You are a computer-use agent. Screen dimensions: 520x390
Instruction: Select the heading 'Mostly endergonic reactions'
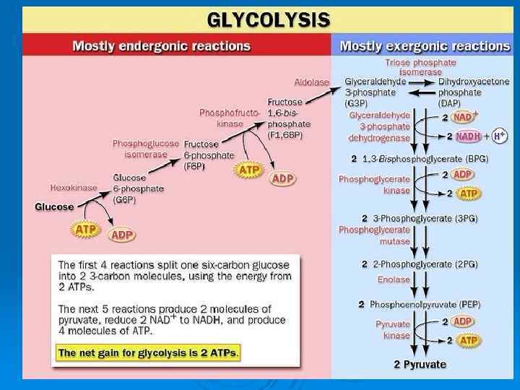click(162, 45)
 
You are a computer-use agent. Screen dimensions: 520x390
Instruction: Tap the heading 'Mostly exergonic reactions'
click(425, 45)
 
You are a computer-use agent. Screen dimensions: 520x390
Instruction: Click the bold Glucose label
click(54, 207)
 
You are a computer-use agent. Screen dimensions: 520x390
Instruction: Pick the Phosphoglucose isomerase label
click(146, 149)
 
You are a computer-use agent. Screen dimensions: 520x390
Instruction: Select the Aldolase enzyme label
click(312, 82)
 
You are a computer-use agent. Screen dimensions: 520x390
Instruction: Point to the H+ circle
click(500, 136)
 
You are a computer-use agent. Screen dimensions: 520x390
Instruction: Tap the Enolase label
click(394, 279)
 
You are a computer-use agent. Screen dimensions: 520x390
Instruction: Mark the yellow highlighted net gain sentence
click(149, 352)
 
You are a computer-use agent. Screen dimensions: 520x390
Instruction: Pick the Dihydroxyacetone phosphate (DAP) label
click(473, 92)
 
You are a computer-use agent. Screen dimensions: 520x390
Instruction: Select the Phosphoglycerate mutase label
click(385, 235)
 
